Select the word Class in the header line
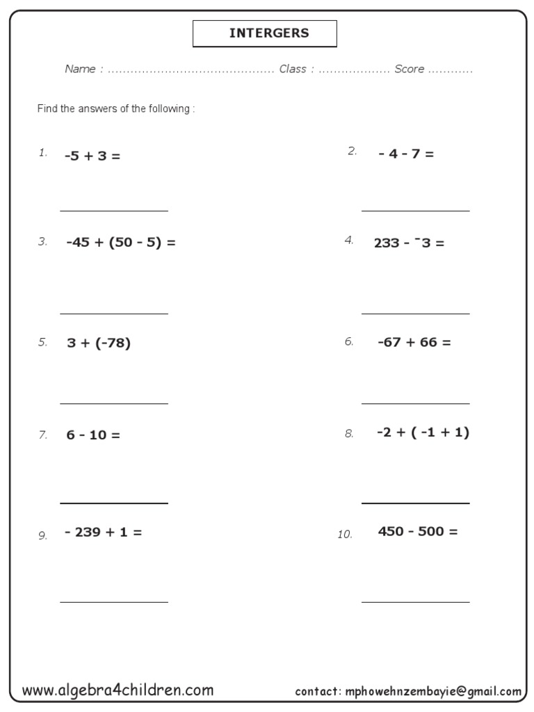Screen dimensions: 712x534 pos(293,69)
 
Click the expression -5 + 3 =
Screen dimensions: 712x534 pos(92,156)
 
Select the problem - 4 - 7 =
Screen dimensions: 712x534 pos(406,154)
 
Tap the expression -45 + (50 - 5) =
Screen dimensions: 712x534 pos(121,243)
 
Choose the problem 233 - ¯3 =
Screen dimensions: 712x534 pos(409,243)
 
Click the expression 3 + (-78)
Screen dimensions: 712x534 pos(99,343)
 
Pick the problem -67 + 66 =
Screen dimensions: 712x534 pos(414,342)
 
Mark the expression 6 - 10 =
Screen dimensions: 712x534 pos(93,435)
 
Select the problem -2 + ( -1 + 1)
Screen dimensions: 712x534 pos(423,432)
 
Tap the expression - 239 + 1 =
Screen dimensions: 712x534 pos(103,533)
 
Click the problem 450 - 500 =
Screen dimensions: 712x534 pos(418,532)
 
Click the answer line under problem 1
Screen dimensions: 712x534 pos(114,210)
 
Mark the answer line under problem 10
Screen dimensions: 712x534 pos(415,601)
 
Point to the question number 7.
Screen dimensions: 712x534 pos(42,435)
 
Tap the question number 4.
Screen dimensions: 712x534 pos(349,241)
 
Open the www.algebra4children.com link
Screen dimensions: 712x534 pos(118,690)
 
